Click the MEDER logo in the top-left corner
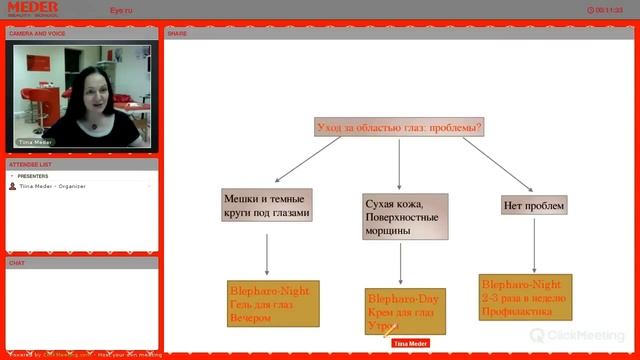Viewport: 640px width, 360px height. (32, 9)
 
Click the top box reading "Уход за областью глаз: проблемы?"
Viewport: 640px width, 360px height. (399, 128)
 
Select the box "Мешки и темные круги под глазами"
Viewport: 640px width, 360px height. (267, 206)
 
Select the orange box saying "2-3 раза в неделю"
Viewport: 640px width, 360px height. (525, 297)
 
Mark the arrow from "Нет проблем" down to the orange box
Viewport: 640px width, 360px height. (534, 245)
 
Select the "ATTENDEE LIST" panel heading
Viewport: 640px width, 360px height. (30, 164)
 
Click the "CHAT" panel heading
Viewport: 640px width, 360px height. (17, 263)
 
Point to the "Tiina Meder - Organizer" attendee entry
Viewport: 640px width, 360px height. (52, 186)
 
